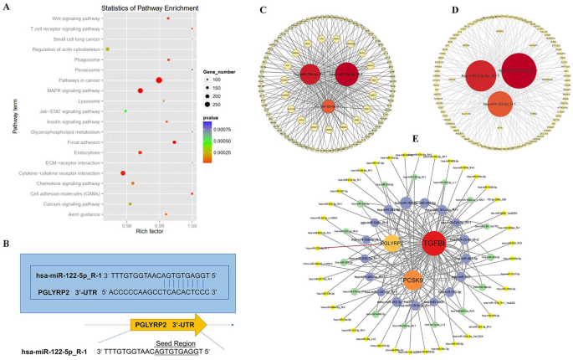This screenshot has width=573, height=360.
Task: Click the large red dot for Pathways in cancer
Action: pyautogui.click(x=159, y=80)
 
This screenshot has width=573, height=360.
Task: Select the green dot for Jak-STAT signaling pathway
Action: pyautogui.click(x=125, y=111)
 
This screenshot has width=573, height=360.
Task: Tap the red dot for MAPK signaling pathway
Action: pyautogui.click(x=141, y=90)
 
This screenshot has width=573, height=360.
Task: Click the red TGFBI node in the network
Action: pyautogui.click(x=433, y=243)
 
